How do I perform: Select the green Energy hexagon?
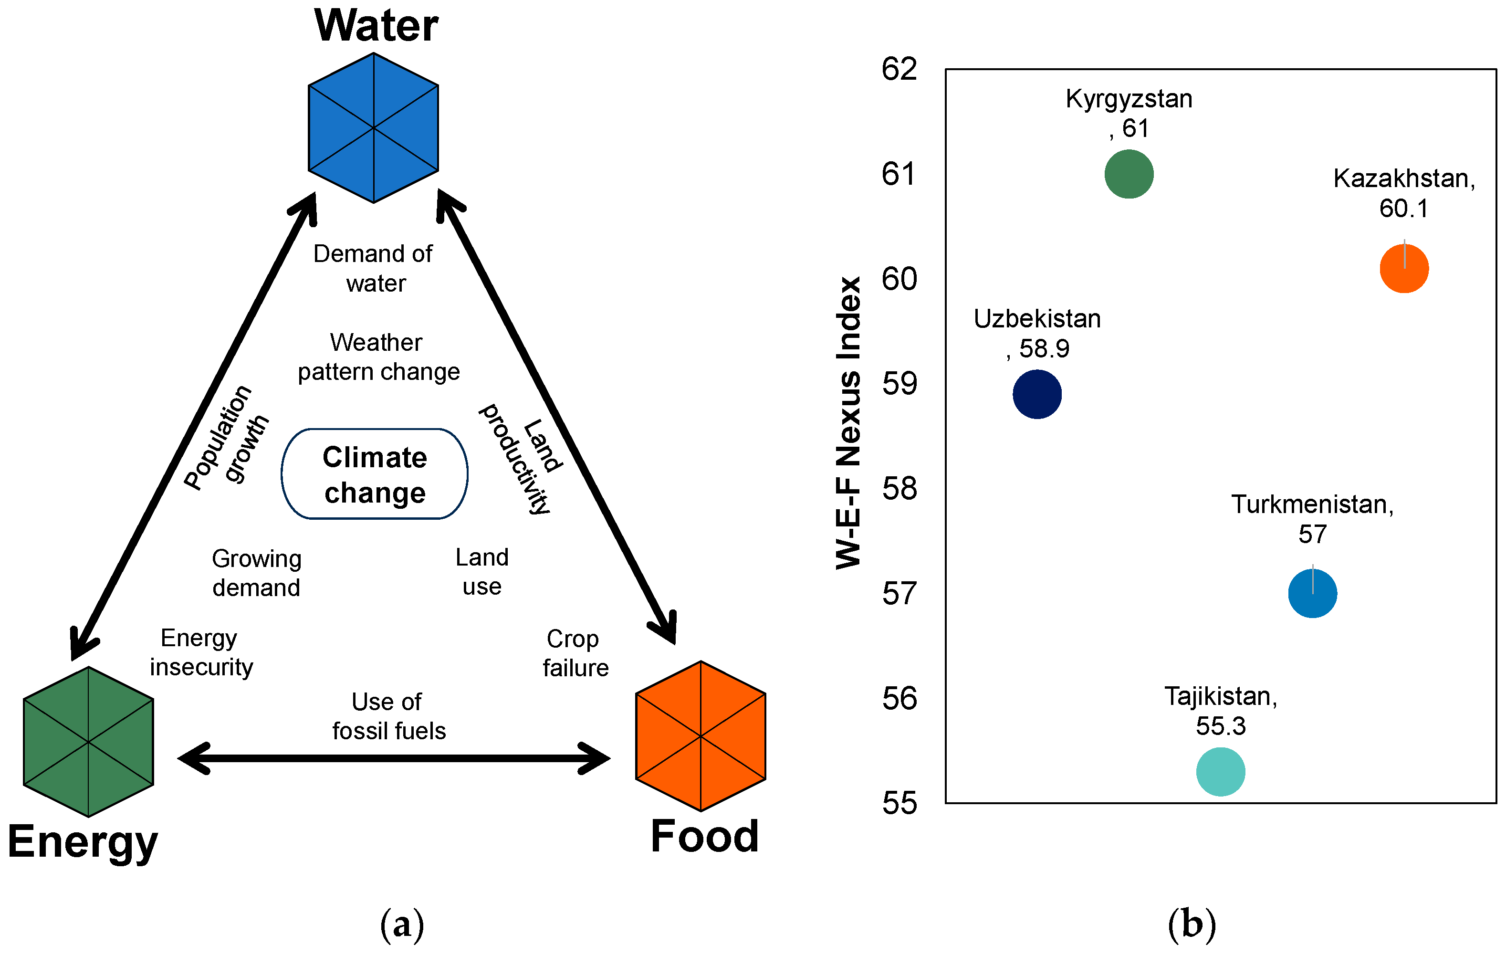coord(88,742)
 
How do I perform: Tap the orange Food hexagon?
coord(701,736)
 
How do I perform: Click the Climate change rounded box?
coord(375,474)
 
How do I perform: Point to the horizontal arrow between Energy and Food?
coord(394,758)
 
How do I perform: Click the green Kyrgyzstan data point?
coord(1129,174)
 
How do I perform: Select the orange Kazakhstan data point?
coord(1404,268)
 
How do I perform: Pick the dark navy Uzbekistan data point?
coord(1037,394)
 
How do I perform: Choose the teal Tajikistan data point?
coord(1221,772)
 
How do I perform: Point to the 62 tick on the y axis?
coord(899,69)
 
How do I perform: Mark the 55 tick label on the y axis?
coord(899,803)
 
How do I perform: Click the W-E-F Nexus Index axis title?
coord(849,423)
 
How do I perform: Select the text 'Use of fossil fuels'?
coord(388,716)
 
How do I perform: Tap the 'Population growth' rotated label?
coord(226,437)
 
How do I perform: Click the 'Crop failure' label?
coord(575,653)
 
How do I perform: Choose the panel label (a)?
coord(402,924)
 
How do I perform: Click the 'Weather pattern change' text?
coord(378,357)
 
